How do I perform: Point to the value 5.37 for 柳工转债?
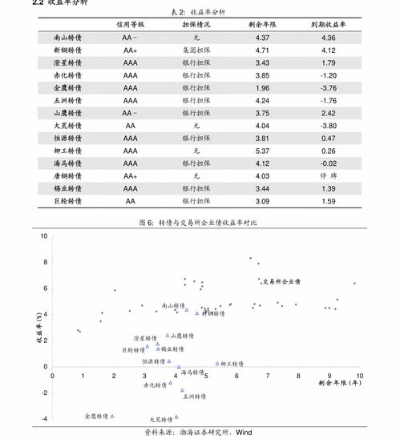tap(262, 151)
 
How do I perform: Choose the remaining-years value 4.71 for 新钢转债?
tap(262, 50)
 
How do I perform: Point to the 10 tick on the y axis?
tap(43, 236)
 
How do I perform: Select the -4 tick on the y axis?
tap(43, 419)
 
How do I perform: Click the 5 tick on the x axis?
tap(206, 375)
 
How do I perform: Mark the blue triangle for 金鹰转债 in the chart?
tap(112, 416)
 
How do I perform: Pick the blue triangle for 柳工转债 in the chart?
tap(216, 363)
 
